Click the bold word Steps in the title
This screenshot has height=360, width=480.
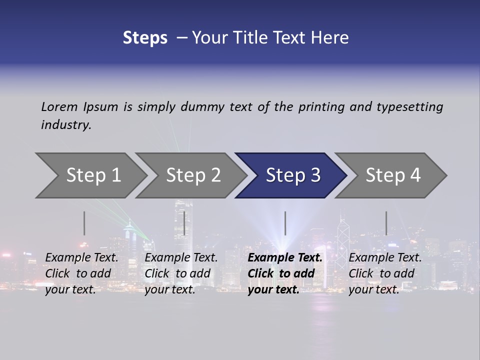point(145,38)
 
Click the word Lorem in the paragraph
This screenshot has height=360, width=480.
point(59,106)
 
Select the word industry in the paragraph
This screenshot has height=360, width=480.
point(66,124)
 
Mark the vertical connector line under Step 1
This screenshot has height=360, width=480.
point(84,223)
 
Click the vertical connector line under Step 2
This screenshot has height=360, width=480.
point(184,223)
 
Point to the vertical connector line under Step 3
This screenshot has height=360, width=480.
point(285,223)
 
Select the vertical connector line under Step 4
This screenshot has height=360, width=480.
point(386,223)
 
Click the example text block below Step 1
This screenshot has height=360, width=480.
point(81,273)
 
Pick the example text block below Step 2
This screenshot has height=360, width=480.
point(181,273)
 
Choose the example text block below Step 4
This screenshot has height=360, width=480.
point(385,273)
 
